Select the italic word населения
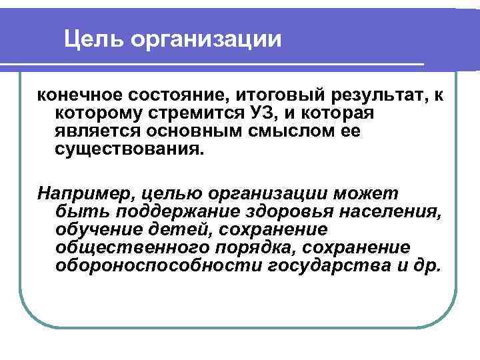pyautogui.click(x=395, y=212)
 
